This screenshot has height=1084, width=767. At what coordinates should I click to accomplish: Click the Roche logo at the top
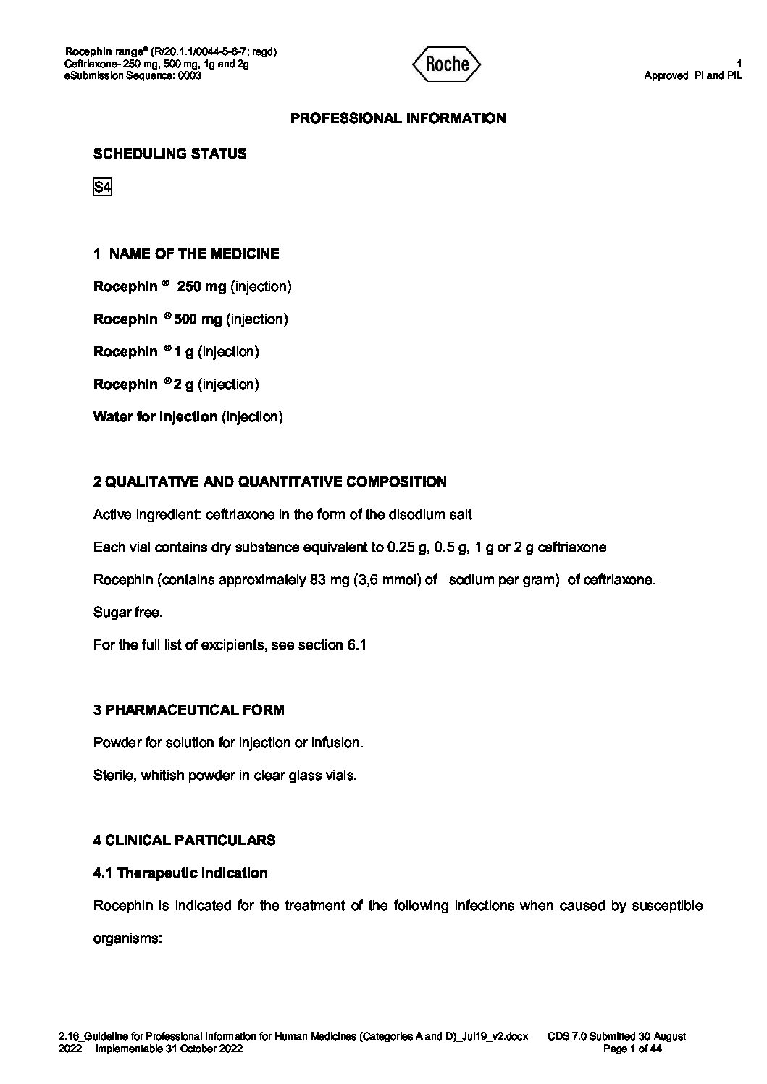point(446,64)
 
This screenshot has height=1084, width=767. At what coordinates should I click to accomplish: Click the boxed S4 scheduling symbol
point(102,187)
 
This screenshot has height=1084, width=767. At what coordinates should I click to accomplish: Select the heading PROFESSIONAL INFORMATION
point(398,118)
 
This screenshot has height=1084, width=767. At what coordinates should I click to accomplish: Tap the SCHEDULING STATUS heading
point(169,154)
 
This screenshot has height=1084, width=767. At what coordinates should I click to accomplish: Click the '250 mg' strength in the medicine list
point(201,286)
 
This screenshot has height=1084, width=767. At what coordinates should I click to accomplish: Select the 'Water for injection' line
point(188,416)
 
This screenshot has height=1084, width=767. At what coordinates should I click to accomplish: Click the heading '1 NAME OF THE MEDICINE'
point(186,253)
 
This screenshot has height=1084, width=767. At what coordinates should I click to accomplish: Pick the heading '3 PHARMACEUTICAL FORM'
point(188,710)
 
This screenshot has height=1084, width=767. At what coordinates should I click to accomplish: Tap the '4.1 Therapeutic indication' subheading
point(180,873)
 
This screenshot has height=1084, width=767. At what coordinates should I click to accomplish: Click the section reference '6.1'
point(356,644)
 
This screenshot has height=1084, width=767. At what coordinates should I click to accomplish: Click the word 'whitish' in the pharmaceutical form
point(163,775)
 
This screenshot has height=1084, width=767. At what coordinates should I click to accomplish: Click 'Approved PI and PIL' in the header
point(693,75)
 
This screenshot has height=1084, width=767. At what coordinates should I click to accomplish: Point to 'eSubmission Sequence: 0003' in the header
point(133,75)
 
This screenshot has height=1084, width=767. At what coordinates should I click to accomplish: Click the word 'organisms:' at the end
point(126,938)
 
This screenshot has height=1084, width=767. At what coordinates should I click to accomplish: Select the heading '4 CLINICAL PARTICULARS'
point(184,840)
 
